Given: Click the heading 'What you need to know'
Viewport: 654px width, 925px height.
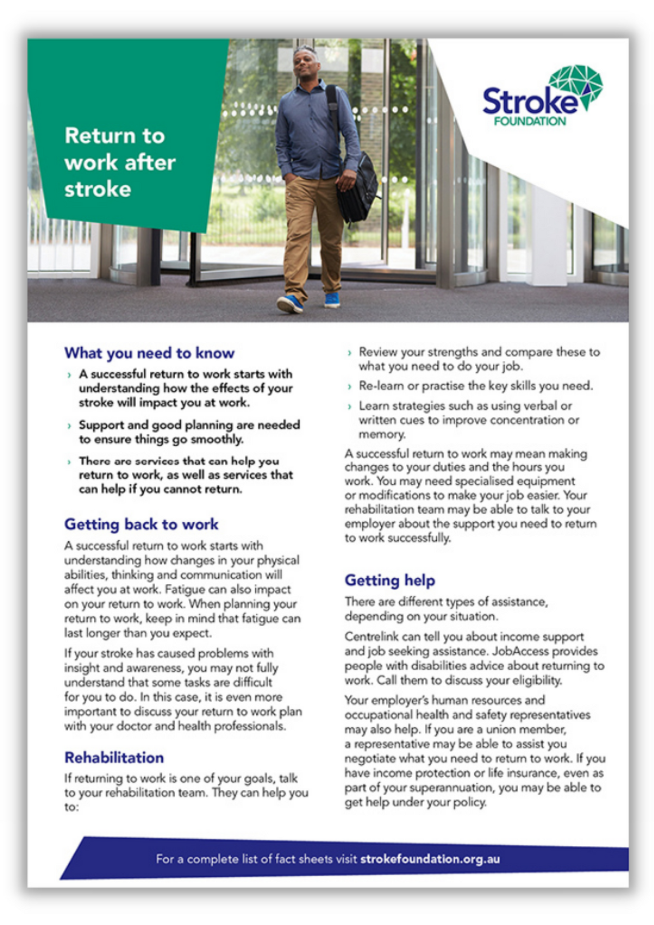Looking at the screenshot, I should pos(149,353).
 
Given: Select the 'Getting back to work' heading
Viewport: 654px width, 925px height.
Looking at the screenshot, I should pos(141,524).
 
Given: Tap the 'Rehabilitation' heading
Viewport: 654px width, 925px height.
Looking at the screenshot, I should pos(114,758).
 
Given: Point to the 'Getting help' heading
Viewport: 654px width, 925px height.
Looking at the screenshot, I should pos(390,580).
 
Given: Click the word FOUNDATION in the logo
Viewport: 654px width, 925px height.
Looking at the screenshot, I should pos(530,121).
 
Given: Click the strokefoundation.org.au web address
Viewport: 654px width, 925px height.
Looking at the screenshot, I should pos(430,859).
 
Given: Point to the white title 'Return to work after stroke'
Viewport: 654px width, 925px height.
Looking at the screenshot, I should pos(119,162).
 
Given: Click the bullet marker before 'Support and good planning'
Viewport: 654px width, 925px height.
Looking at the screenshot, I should pos(69,426).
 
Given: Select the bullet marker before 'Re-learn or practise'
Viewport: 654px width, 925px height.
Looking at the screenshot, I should pos(349,387).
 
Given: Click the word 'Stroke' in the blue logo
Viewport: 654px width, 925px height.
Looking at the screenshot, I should pos(527,101).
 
